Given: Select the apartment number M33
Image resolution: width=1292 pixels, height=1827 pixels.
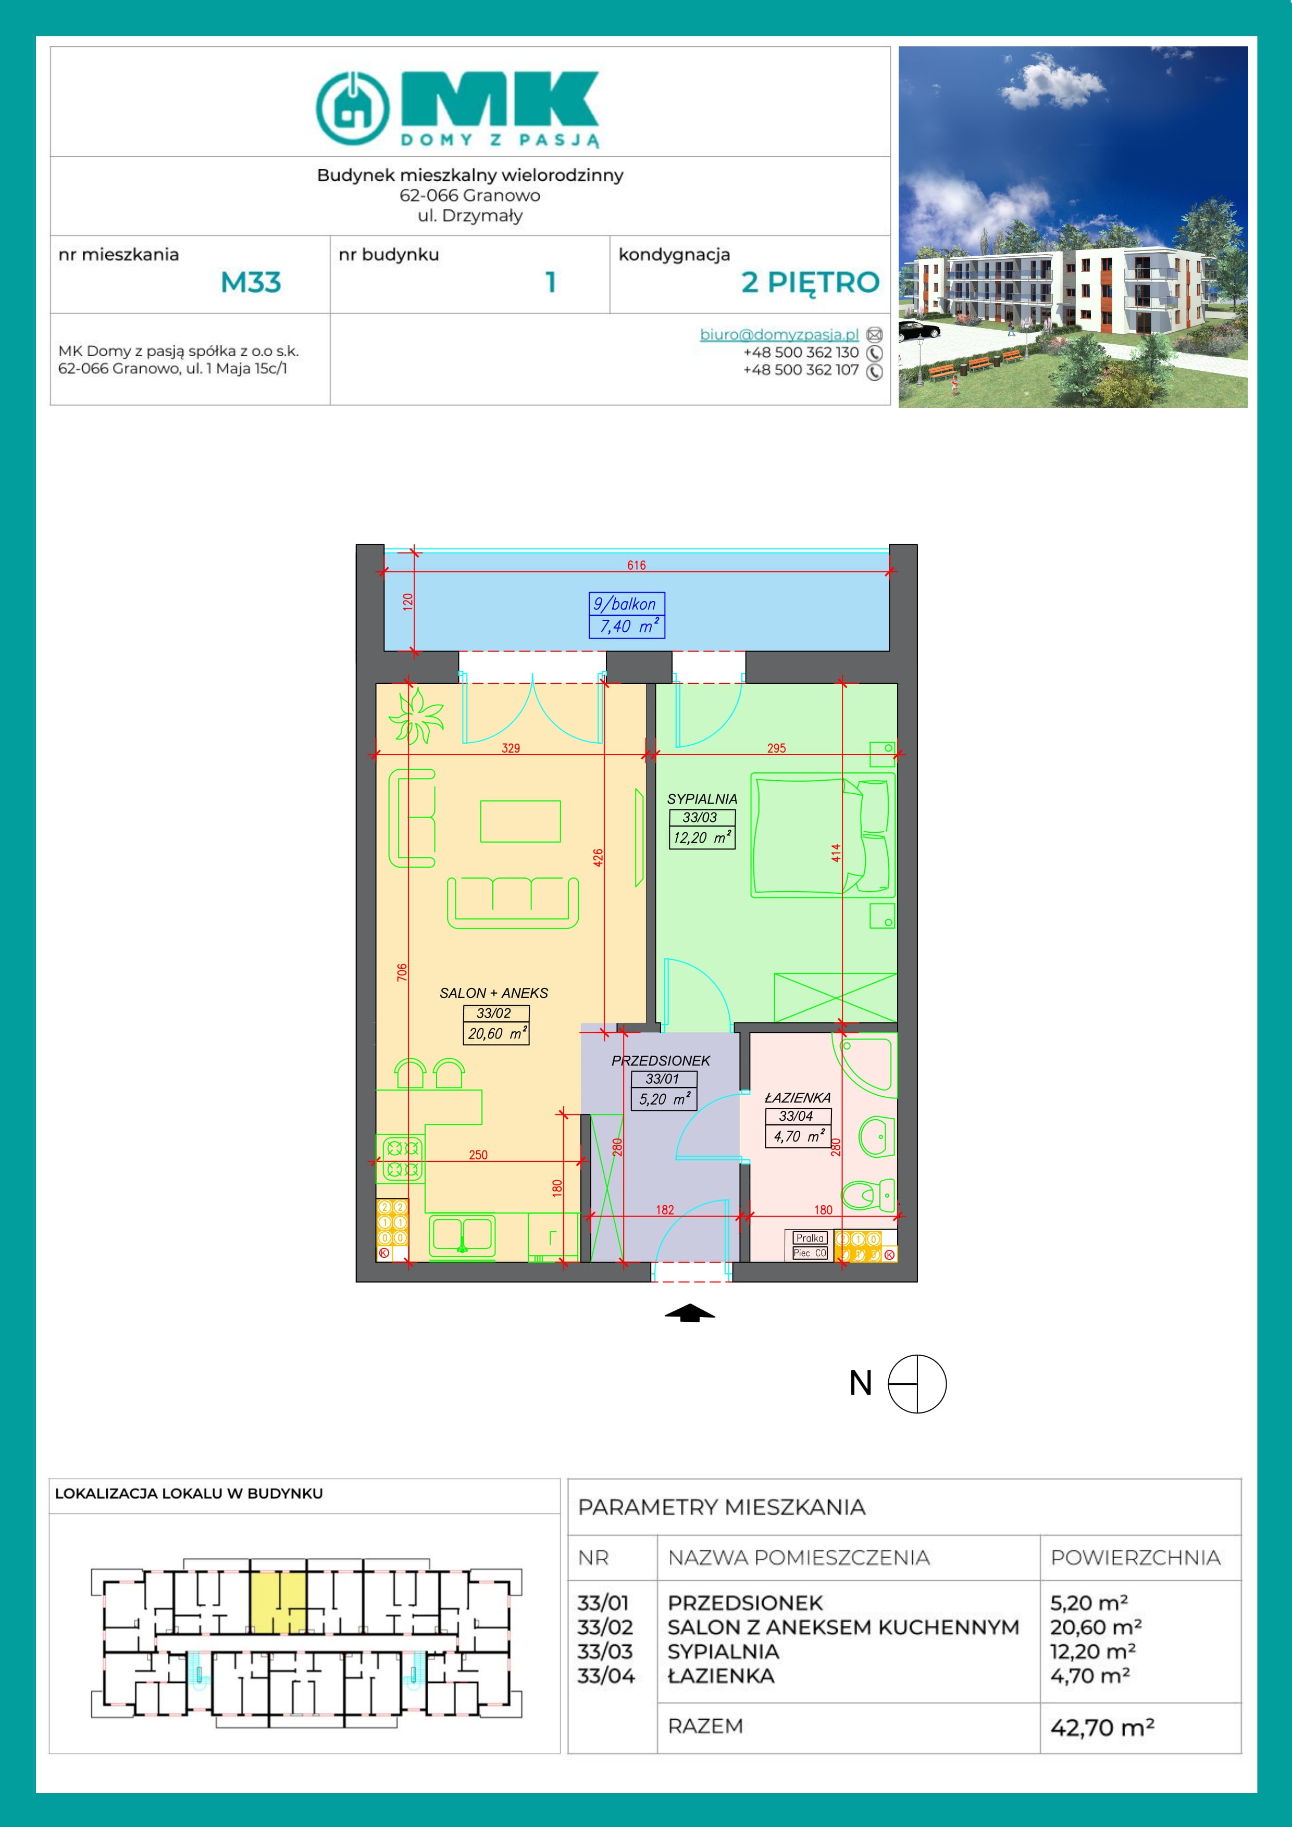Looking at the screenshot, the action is coord(251,282).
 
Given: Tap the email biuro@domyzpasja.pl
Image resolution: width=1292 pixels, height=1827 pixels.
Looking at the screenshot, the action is coord(778,335).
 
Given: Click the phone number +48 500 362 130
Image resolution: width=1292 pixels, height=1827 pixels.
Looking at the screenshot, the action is coord(801,353).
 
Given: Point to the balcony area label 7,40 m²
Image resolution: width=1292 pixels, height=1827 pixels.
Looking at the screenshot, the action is coord(627,626).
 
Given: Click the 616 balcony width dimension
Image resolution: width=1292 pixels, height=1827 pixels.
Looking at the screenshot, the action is coord(636,565).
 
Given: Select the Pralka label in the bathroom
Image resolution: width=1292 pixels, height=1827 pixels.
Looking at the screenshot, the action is coord(810,1238).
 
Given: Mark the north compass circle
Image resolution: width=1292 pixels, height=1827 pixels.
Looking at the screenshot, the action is coord(917,1384).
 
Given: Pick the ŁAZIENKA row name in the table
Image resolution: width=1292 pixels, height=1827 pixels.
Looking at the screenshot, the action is coord(720,1676).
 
